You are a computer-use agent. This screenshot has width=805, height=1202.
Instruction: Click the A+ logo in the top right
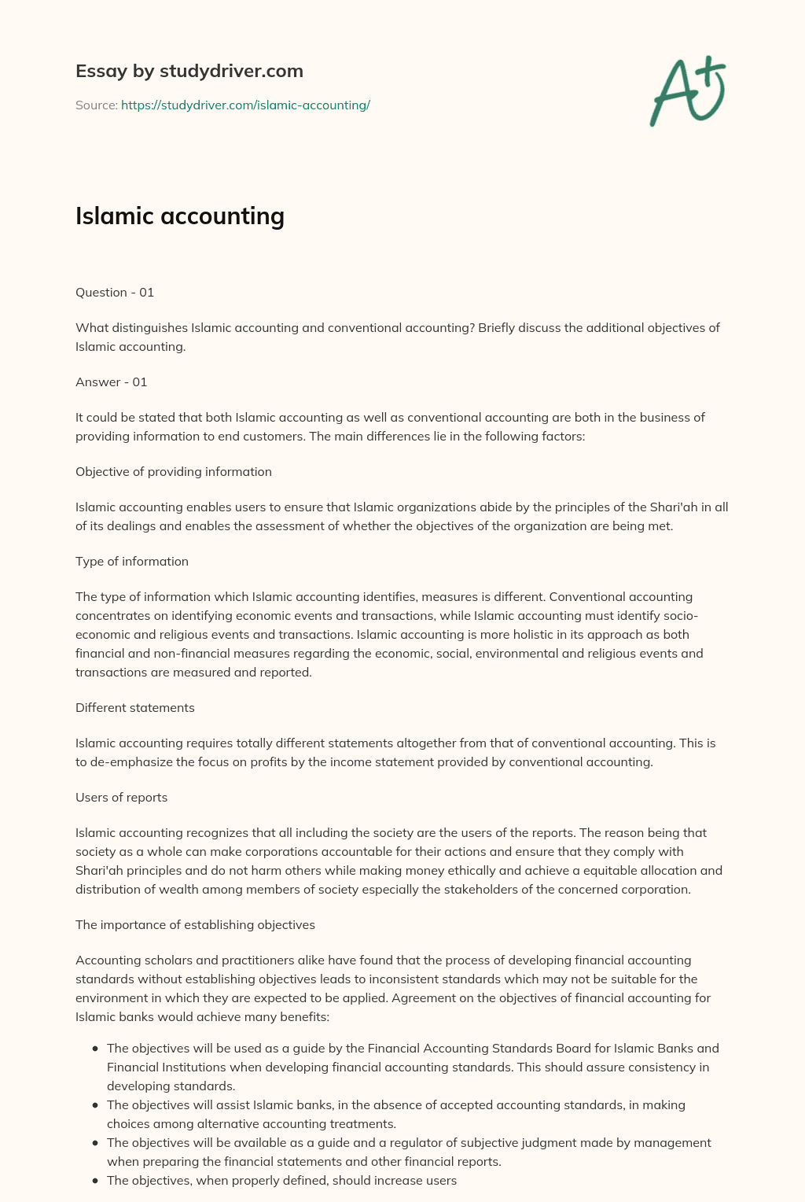click(x=688, y=90)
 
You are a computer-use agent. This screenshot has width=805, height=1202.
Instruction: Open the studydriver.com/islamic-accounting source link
click(x=245, y=105)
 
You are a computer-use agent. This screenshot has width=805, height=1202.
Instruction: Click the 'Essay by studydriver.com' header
click(x=189, y=71)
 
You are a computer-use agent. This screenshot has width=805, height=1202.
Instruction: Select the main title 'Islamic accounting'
click(x=180, y=216)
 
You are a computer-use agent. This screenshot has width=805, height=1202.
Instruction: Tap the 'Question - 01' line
click(x=115, y=293)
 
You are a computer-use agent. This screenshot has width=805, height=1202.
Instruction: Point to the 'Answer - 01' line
click(x=112, y=382)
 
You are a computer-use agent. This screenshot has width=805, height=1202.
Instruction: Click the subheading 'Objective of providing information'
click(x=174, y=472)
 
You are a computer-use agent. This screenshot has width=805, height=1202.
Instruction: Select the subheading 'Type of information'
click(x=132, y=562)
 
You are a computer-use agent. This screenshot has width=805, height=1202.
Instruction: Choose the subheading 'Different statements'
click(x=135, y=708)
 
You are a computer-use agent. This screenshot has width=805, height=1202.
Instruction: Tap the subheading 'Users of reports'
click(x=122, y=798)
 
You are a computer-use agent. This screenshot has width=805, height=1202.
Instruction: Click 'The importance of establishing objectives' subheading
click(x=195, y=925)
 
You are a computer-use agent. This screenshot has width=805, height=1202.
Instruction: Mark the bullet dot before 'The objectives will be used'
click(x=95, y=1049)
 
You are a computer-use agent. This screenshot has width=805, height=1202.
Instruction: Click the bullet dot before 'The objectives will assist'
click(x=95, y=1105)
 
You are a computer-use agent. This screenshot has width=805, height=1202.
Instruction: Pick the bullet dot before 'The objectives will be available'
click(x=95, y=1143)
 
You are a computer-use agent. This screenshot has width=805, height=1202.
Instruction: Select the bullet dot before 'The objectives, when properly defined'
click(x=95, y=1181)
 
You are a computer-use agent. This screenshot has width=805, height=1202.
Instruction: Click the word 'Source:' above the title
click(x=97, y=105)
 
